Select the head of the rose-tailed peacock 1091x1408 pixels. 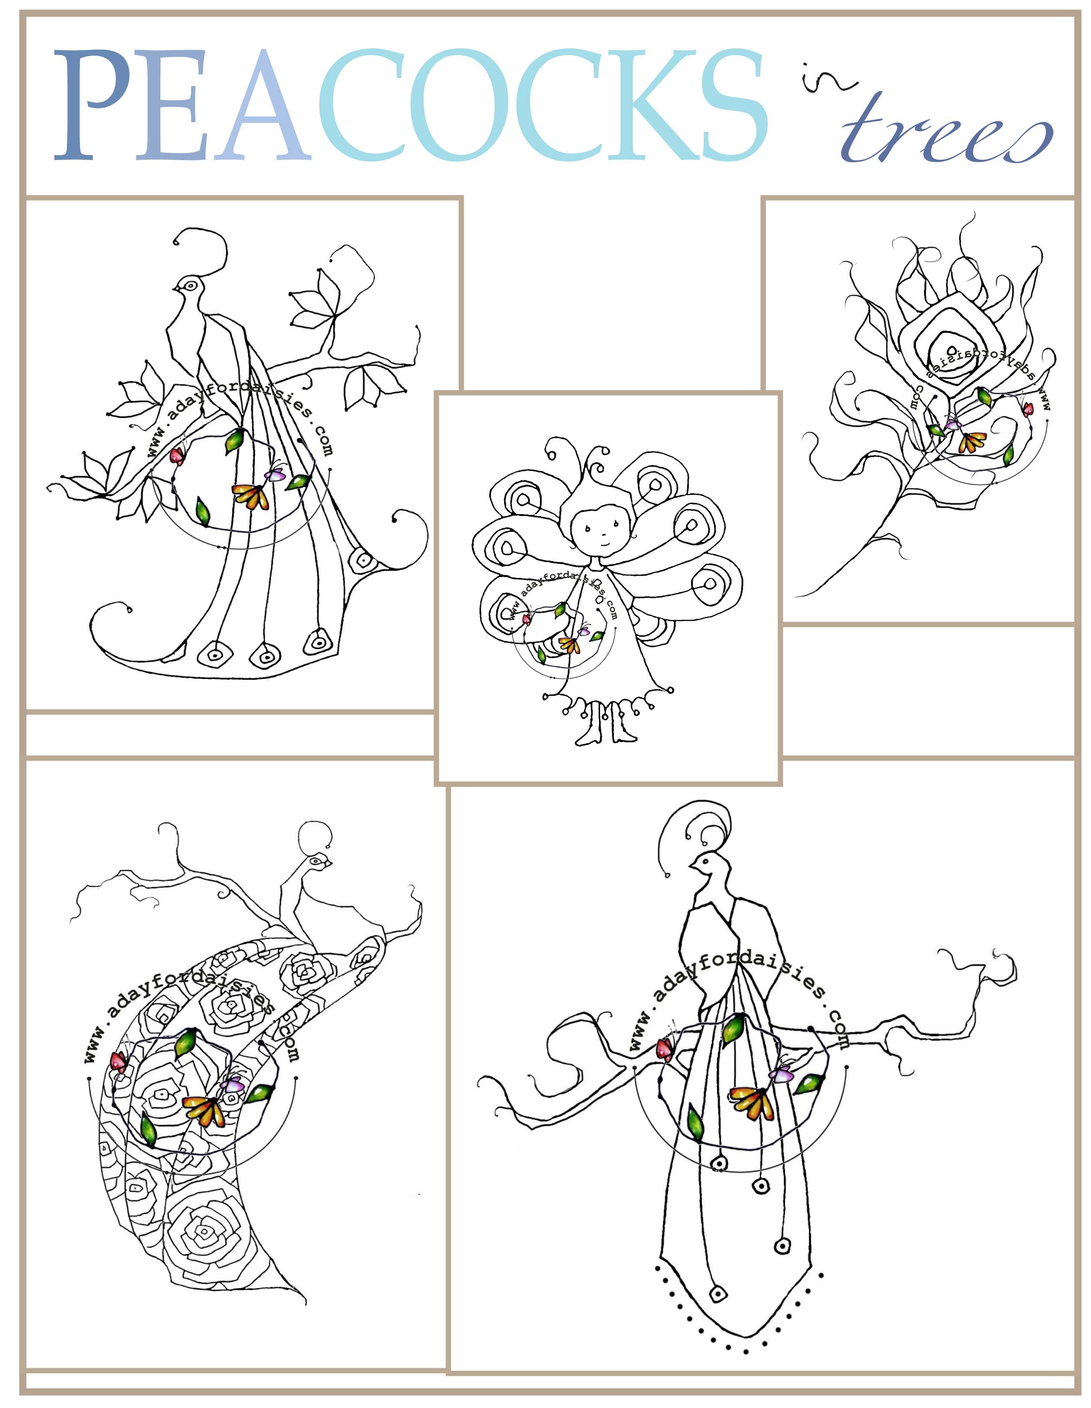[319, 861]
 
